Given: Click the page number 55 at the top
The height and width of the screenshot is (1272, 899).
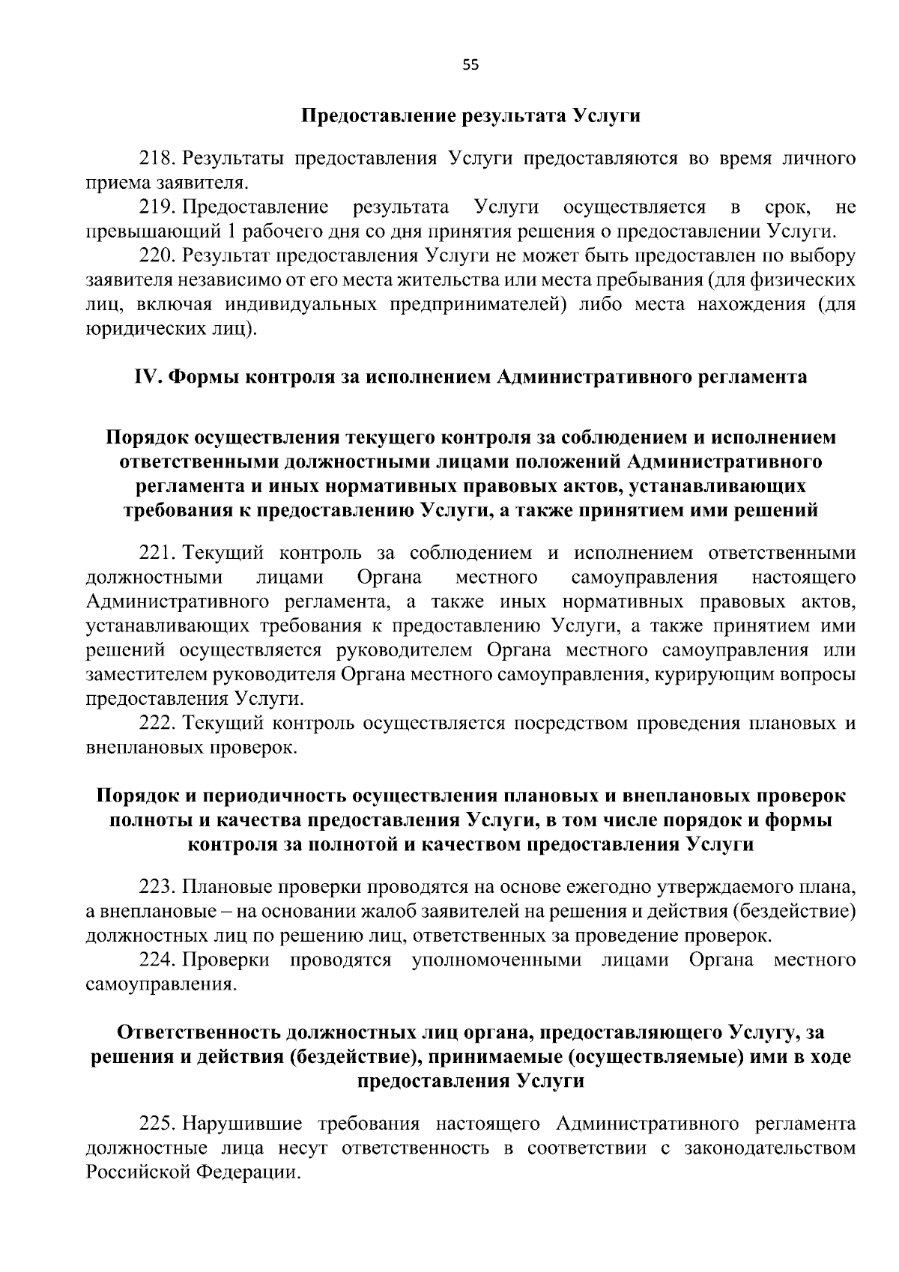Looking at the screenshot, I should click(x=470, y=65).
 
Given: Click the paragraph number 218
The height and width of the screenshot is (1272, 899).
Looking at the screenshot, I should click(x=157, y=159).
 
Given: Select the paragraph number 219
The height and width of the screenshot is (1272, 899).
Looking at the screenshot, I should click(x=157, y=207).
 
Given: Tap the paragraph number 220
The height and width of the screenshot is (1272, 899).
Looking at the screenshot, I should click(x=157, y=255).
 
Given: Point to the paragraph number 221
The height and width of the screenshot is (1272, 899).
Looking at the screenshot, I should click(x=157, y=554).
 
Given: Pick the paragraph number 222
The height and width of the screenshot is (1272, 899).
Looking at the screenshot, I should click(x=157, y=724).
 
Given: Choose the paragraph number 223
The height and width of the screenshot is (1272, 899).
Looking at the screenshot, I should click(x=157, y=888).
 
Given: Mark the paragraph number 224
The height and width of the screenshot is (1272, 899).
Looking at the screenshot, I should click(x=157, y=960).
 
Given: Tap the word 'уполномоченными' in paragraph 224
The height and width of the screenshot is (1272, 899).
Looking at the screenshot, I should click(x=496, y=960).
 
